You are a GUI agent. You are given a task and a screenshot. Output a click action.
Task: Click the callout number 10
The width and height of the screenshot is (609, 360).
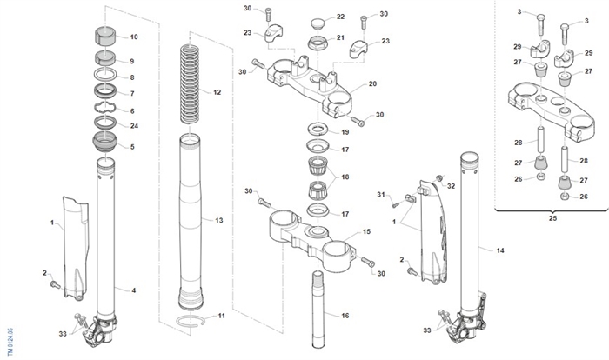(x=133, y=37)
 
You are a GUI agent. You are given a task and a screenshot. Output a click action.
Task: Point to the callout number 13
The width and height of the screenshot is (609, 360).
(x=218, y=221)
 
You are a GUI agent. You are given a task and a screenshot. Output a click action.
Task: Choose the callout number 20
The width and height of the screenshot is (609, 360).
(x=371, y=84)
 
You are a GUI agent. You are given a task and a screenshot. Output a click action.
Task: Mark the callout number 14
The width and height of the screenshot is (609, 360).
(x=499, y=250)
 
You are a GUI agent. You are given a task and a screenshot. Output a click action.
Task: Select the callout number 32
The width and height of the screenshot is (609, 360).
(x=451, y=186)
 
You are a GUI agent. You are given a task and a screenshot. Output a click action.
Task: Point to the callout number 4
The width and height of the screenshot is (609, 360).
(x=133, y=289)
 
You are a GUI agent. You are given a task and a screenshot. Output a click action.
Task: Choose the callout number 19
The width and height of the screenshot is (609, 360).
(x=345, y=132)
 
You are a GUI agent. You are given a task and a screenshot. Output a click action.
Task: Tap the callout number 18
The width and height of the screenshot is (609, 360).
(x=345, y=177)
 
